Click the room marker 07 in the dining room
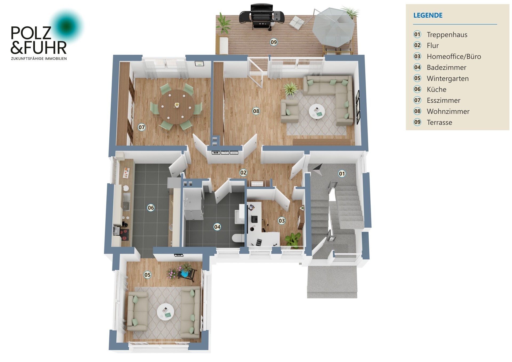(x=142, y=127)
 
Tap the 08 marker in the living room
(x=256, y=111)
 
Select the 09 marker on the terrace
(x=274, y=42)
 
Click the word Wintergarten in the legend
(x=447, y=79)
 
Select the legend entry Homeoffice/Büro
(x=454, y=57)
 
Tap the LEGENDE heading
(x=428, y=15)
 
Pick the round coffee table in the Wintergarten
(x=165, y=312)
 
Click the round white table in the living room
(x=317, y=111)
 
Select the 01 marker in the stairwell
(x=342, y=174)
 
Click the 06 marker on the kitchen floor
(x=151, y=208)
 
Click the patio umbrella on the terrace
(x=333, y=27)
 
